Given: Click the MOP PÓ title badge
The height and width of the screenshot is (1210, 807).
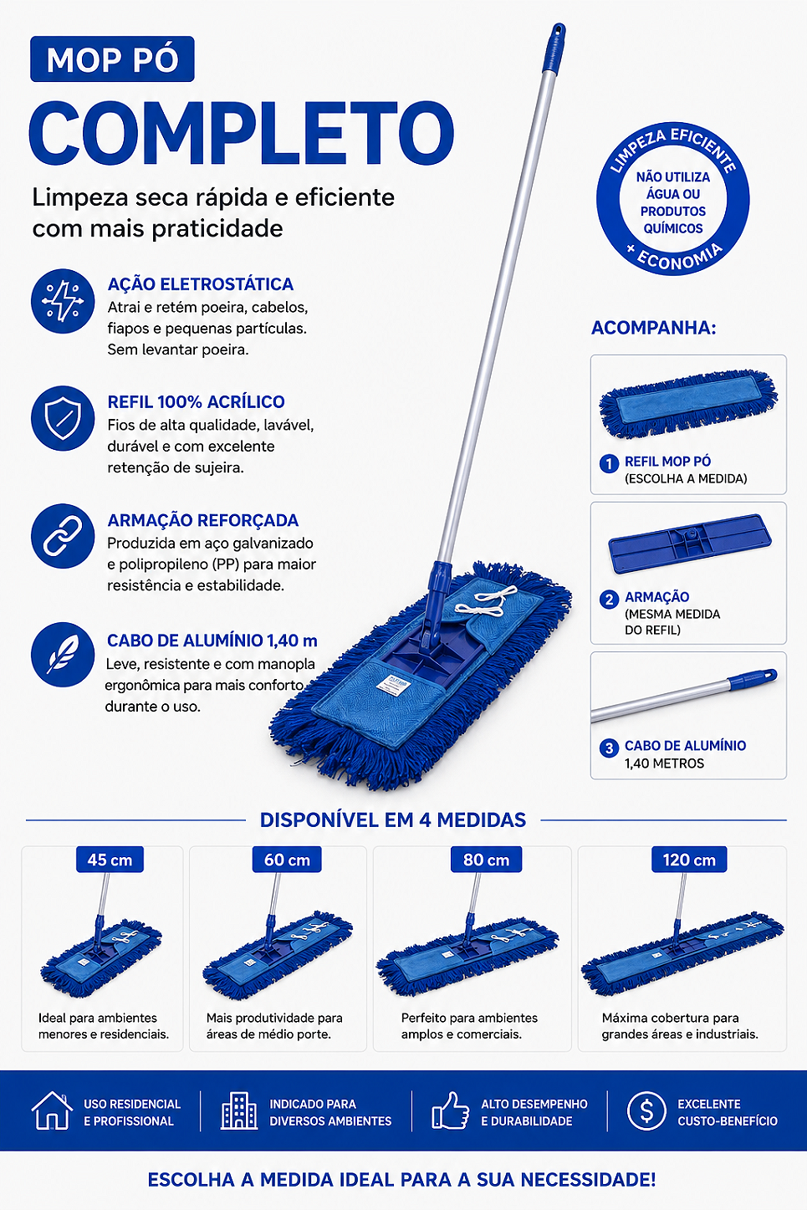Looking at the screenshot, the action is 112,59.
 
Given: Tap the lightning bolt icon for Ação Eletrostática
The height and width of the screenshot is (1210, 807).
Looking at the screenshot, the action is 63,301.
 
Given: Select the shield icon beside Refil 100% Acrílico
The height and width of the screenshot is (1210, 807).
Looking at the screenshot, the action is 63,419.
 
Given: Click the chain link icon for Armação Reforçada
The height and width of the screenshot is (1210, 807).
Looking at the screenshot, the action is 63,536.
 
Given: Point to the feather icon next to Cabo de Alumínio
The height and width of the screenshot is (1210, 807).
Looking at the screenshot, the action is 63,654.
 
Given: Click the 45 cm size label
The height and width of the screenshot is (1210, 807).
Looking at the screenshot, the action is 110,860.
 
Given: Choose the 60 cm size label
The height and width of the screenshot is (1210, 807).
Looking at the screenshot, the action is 287,860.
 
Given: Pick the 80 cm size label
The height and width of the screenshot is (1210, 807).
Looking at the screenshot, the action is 486,860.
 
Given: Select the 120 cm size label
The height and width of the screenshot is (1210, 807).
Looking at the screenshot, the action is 689,860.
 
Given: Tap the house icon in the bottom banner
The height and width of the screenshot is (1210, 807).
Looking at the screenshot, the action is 52,1110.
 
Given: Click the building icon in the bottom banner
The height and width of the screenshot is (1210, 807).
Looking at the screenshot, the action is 239,1110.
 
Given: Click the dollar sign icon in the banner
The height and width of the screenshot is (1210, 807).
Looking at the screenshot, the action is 646,1110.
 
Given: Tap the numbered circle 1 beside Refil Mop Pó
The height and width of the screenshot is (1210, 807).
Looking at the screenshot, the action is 610,463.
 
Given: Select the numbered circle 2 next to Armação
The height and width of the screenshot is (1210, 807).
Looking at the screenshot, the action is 610,599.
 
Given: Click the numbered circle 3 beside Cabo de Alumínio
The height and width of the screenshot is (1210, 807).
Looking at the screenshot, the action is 610,748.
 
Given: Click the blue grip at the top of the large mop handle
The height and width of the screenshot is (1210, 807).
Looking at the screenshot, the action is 554,48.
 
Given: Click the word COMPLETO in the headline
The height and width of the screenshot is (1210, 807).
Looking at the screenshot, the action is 242,133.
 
